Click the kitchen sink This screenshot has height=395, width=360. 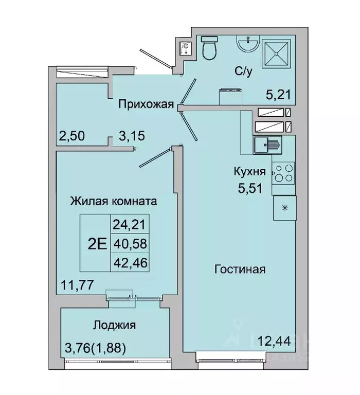[268, 146]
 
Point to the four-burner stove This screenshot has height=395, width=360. [282, 173]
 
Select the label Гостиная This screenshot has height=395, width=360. [241, 269]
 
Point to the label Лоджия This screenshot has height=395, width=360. [114, 325]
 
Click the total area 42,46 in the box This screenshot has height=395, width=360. [129, 263]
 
